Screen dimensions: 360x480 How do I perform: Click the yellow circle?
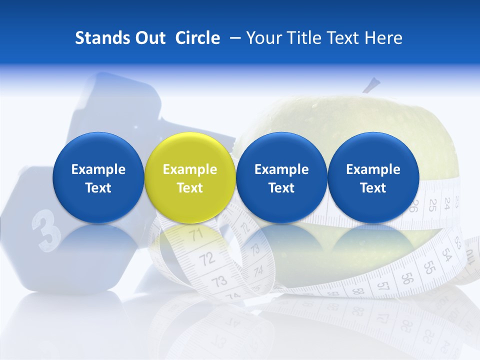[190, 177]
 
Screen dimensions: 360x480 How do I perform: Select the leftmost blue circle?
[98, 177]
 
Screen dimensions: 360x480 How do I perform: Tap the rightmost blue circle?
[373, 177]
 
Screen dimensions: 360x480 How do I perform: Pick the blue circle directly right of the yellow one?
[281, 177]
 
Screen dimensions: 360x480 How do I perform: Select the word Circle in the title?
[197, 38]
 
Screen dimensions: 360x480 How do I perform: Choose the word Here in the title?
[383, 38]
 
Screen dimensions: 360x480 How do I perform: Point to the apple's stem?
[371, 85]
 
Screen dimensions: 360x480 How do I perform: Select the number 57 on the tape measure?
[383, 286]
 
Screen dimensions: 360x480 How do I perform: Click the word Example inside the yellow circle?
[190, 169]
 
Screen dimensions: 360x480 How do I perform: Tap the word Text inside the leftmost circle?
[98, 188]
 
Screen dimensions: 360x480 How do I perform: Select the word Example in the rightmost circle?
[373, 169]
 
